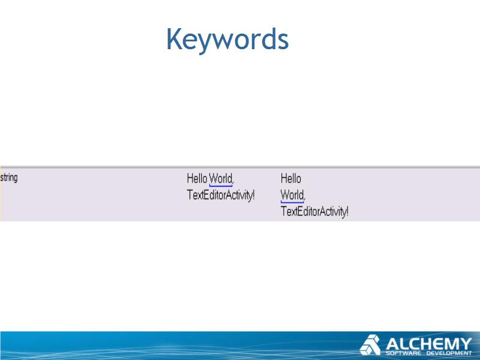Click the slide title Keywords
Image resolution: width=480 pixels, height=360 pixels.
pos(227,39)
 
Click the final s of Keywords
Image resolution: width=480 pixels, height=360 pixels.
pos(284,41)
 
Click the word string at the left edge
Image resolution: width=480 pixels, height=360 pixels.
pos(9,178)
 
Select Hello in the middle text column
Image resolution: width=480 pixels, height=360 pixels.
pos(197,178)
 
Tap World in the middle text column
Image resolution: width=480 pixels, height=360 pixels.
pos(221,178)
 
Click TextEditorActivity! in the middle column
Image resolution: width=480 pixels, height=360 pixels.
pos(221,195)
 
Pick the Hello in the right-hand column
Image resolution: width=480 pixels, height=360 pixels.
pos(291,178)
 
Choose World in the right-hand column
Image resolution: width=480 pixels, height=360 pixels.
pos(293,195)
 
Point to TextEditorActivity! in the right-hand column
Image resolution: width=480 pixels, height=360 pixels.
pos(314,212)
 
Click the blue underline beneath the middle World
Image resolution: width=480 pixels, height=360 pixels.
pos(221,185)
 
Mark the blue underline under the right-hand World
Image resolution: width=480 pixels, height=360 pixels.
pos(292,202)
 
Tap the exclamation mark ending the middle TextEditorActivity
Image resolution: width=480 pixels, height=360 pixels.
pos(253,195)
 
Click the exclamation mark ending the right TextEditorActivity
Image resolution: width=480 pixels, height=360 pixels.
pos(347,212)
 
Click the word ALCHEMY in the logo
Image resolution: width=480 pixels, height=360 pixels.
pos(429,344)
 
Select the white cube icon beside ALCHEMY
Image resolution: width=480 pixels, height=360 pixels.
pos(370,344)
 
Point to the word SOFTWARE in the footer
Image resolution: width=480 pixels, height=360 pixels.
pos(403,353)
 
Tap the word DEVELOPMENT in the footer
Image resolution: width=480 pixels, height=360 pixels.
pos(449,353)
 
